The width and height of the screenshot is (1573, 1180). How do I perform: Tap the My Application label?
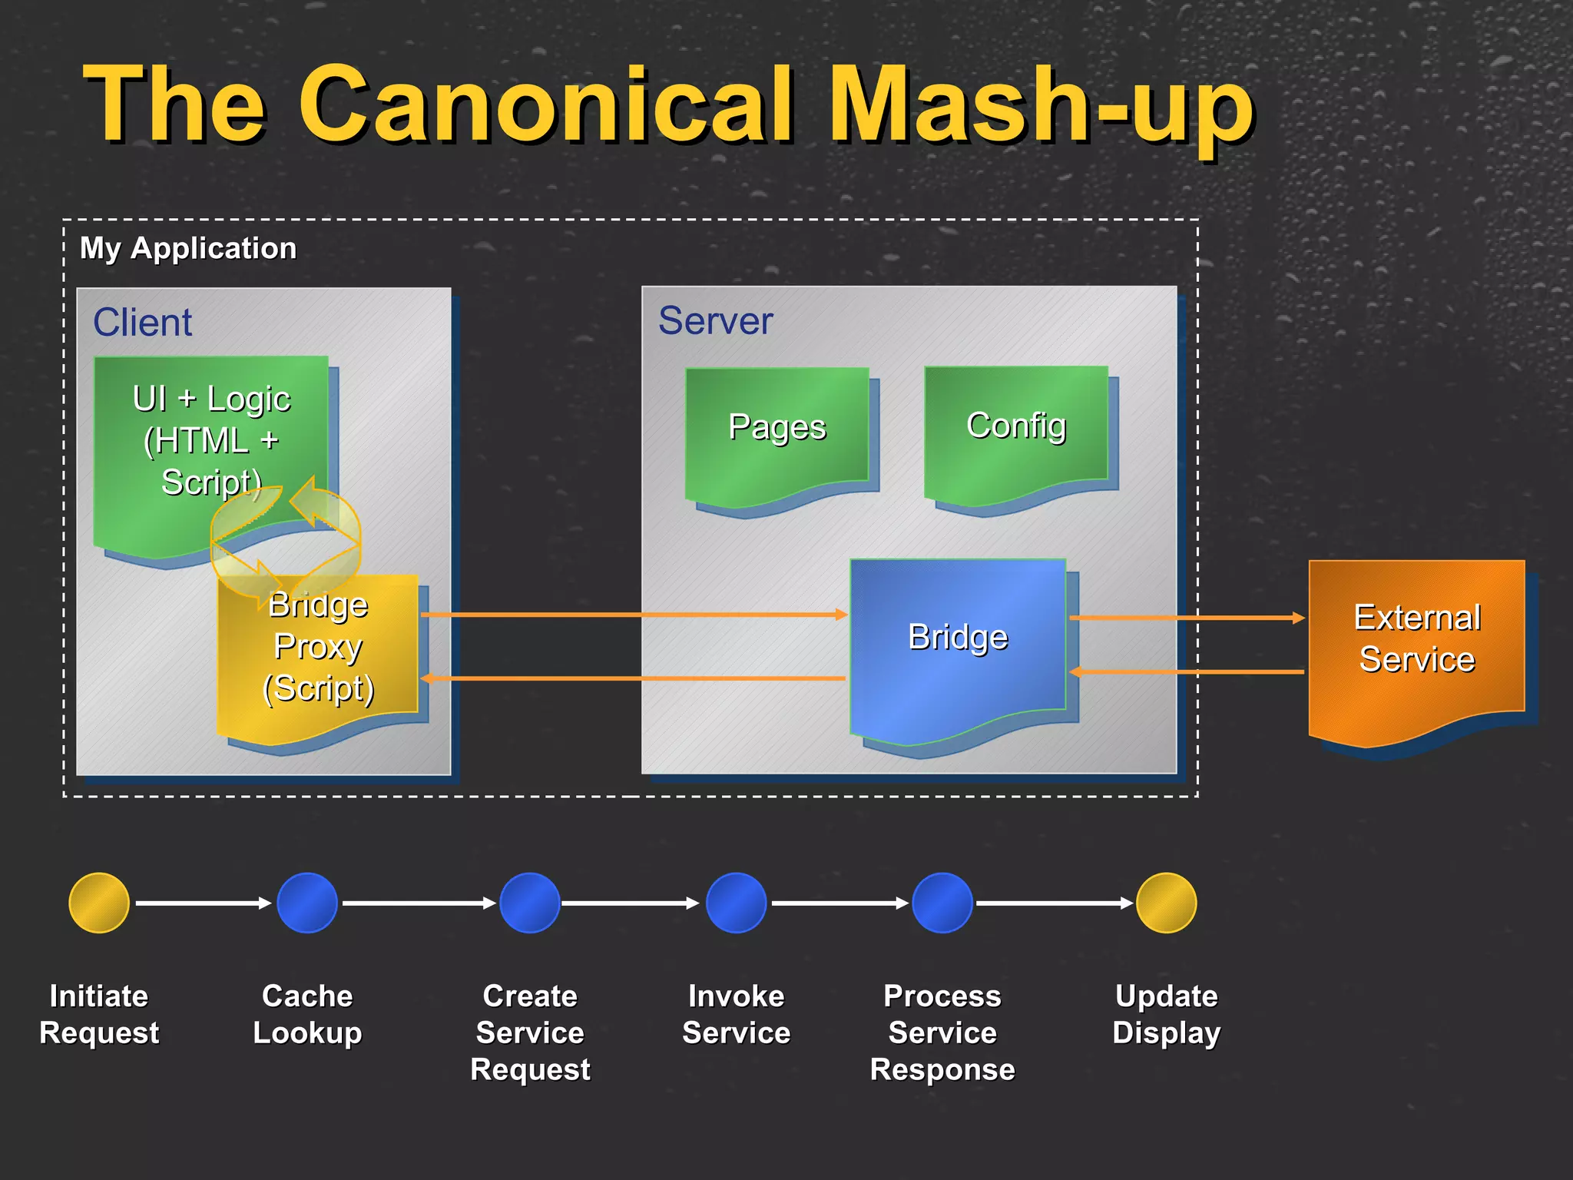pyautogui.click(x=188, y=248)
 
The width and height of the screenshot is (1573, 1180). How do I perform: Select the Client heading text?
pyautogui.click(x=142, y=322)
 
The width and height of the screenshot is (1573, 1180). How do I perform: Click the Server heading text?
pyautogui.click(x=715, y=320)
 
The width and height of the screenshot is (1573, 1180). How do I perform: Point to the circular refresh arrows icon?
pyautogui.click(x=286, y=538)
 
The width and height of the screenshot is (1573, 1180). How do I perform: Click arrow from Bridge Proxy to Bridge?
pyautogui.click(x=634, y=615)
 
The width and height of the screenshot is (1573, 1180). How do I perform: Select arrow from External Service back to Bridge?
pyautogui.click(x=1187, y=672)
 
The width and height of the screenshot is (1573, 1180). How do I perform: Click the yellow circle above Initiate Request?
pyautogui.click(x=99, y=903)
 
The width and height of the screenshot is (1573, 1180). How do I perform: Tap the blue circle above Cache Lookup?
pyautogui.click(x=307, y=903)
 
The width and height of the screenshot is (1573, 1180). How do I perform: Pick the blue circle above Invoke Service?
pyautogui.click(x=736, y=903)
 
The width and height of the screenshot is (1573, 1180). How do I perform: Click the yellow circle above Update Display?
pyautogui.click(x=1166, y=903)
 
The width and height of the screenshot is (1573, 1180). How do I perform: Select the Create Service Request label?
pyautogui.click(x=530, y=1032)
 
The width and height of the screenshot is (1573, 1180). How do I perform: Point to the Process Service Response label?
pyautogui.click(x=942, y=1032)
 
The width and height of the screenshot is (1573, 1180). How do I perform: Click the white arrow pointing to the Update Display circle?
pyautogui.click(x=1054, y=903)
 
